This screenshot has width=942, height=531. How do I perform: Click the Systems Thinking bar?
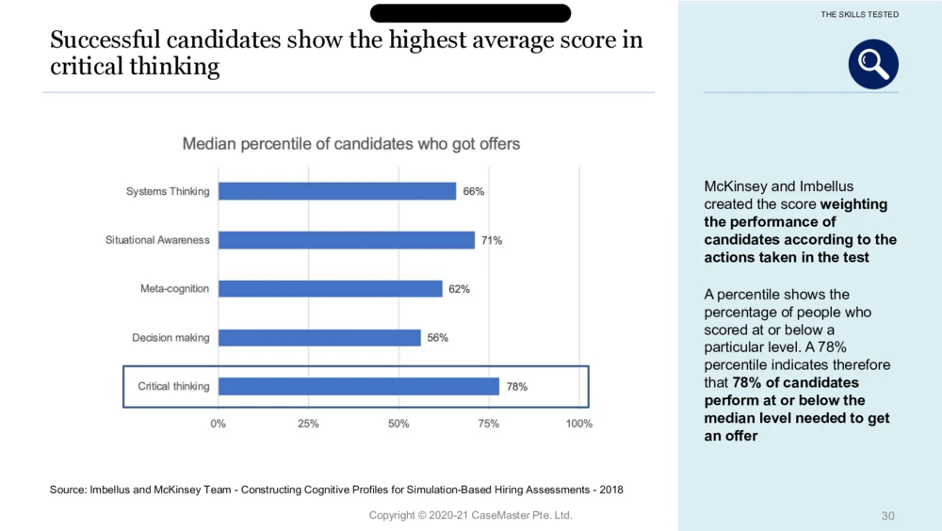[337, 191]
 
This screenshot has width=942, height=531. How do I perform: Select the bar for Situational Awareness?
[346, 240]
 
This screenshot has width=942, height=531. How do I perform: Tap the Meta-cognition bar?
[330, 289]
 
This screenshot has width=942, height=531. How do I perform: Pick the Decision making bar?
[319, 337]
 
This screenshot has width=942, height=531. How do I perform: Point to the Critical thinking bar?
[359, 386]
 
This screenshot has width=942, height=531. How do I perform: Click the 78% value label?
[517, 386]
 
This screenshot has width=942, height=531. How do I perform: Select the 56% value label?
[437, 337]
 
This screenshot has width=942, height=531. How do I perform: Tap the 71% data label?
[491, 240]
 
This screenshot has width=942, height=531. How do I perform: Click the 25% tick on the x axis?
[308, 424]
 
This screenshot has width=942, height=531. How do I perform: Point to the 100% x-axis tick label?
[578, 424]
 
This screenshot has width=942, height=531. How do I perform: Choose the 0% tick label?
[219, 424]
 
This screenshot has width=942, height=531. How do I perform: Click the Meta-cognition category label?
[174, 289]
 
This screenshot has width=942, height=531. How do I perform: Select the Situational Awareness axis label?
[157, 240]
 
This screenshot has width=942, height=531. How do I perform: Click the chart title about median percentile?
[351, 144]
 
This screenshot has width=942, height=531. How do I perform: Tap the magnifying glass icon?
[873, 64]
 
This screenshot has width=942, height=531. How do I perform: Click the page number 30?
[887, 516]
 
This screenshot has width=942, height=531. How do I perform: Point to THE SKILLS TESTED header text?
[860, 15]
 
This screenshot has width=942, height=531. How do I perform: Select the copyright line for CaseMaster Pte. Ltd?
[470, 515]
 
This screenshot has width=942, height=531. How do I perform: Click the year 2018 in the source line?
[609, 490]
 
